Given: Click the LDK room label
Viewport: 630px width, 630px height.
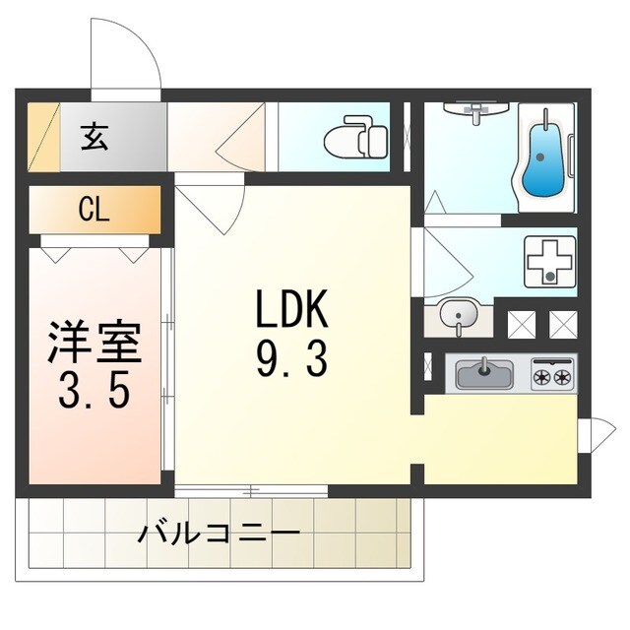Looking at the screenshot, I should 290,313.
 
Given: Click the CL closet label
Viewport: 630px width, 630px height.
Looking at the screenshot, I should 94,210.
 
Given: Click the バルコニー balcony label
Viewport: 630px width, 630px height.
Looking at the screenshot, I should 219,535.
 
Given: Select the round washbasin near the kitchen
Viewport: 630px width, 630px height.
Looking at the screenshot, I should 457,317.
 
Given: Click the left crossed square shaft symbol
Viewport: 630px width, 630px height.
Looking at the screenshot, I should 521,321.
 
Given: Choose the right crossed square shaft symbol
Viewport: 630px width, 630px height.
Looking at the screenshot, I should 563,321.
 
